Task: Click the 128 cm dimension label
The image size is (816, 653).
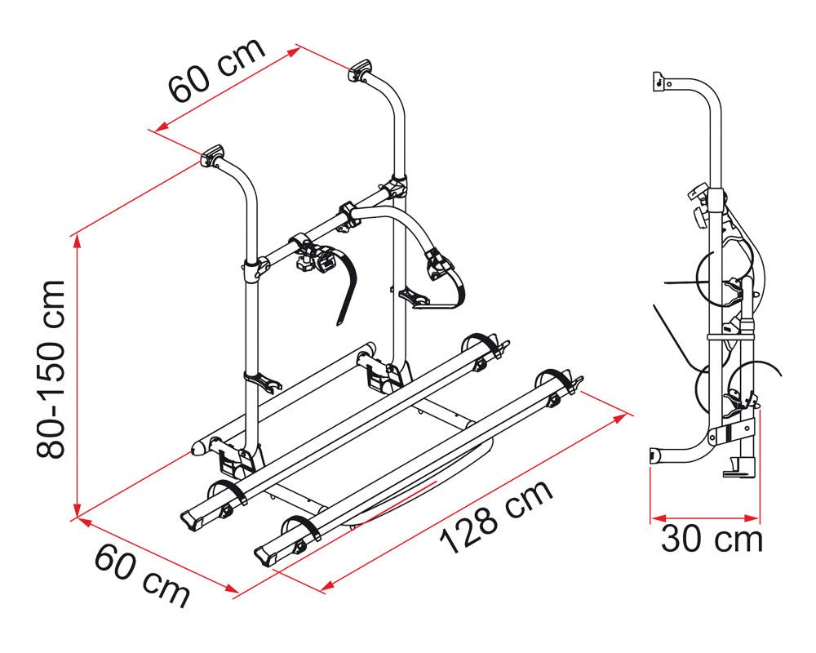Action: coord(496,517)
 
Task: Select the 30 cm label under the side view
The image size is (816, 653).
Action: coord(712,539)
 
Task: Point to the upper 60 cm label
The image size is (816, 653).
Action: coord(216,70)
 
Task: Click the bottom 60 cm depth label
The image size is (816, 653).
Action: coord(141,575)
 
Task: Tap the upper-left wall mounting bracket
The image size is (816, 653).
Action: coord(212,156)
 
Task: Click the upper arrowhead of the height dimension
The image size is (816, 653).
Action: coord(77,241)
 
